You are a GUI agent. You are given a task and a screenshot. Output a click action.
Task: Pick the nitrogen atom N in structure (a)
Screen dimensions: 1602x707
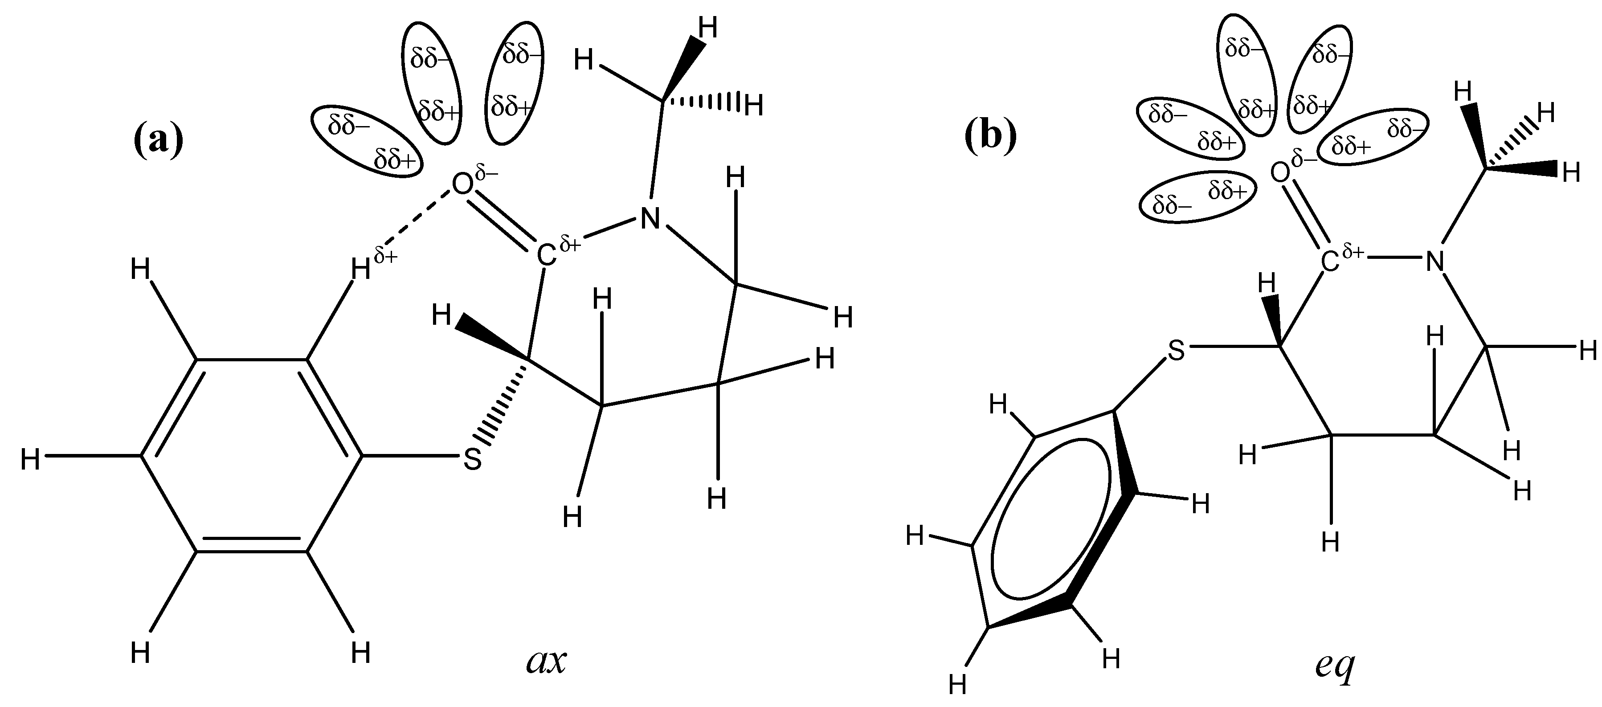[x=650, y=218]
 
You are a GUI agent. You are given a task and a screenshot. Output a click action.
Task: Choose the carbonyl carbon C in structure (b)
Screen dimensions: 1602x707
[x=1329, y=262]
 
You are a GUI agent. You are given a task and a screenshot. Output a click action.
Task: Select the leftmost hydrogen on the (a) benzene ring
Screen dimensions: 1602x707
[x=30, y=461]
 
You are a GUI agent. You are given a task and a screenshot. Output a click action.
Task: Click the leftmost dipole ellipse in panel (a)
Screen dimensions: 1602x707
[x=367, y=141]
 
